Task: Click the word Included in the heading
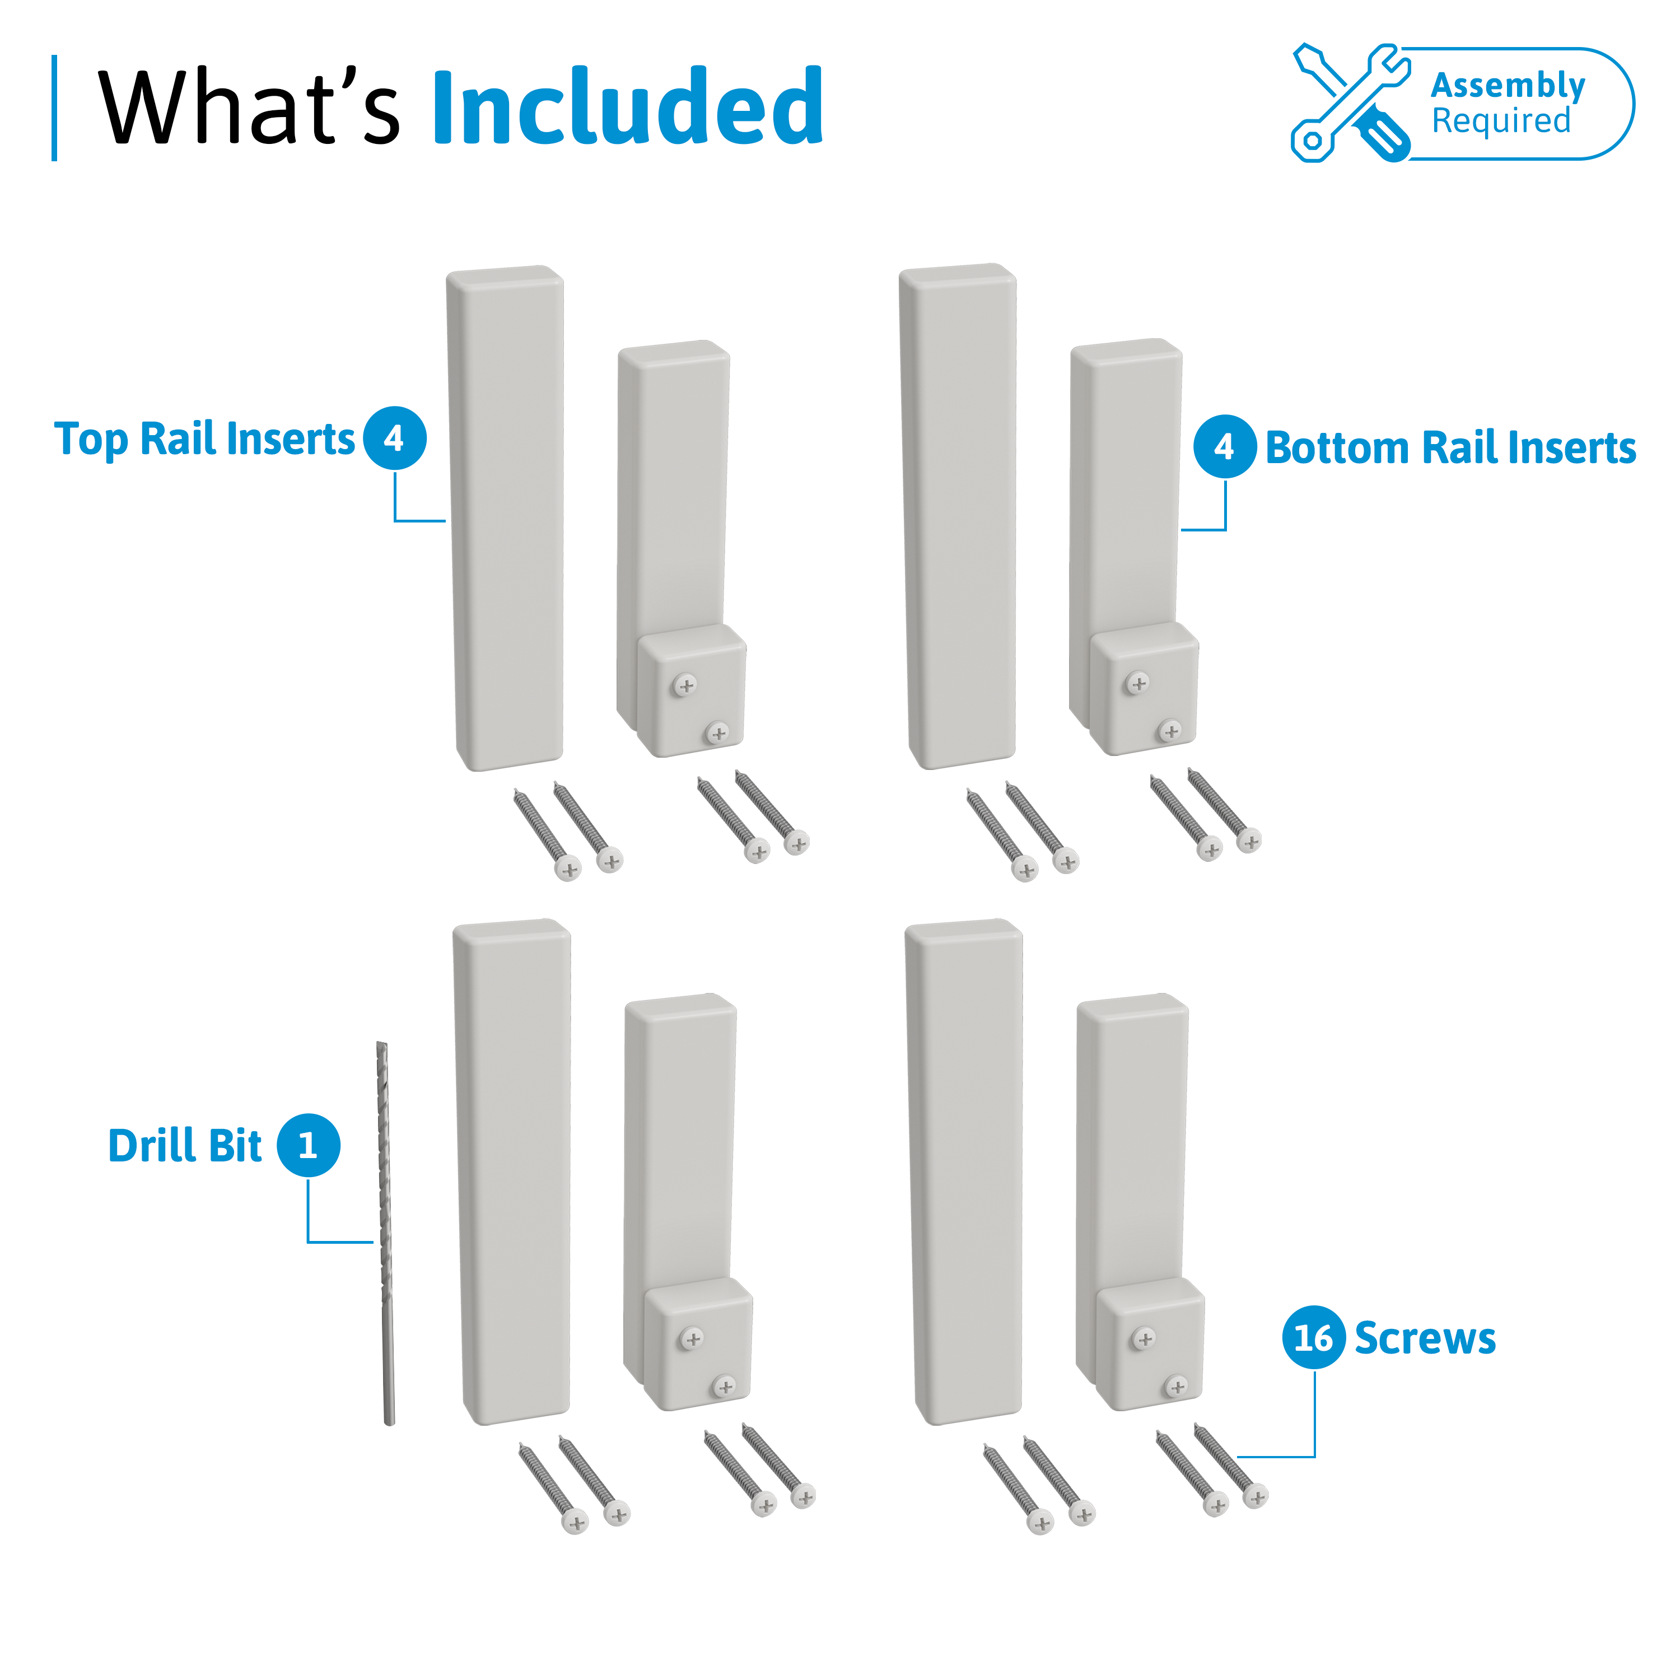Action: [x=627, y=106]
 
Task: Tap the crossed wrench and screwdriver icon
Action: [x=1350, y=102]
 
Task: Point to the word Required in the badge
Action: [x=1501, y=121]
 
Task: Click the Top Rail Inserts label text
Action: [x=204, y=439]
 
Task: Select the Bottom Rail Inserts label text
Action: [x=1450, y=448]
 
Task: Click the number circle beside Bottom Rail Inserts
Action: [x=1224, y=446]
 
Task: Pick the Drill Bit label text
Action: [x=184, y=1145]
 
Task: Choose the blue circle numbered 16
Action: [x=1313, y=1337]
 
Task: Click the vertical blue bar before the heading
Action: [x=55, y=108]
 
